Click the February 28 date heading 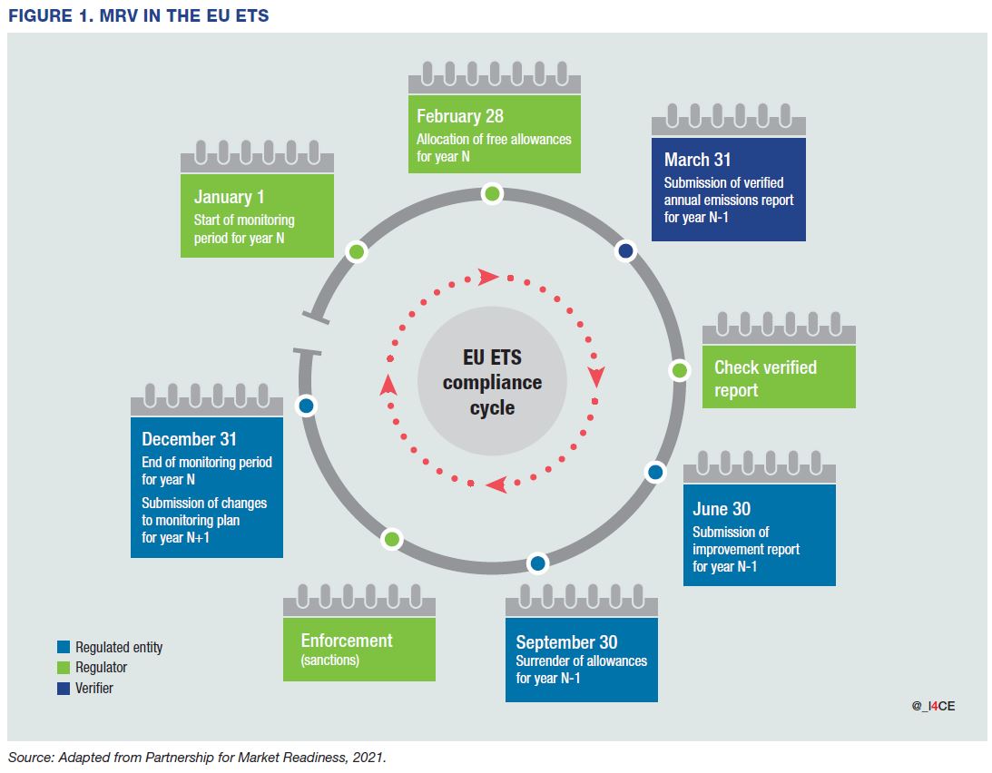pyautogui.click(x=460, y=116)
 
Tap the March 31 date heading pyautogui.click(x=697, y=160)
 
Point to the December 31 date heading pyautogui.click(x=189, y=439)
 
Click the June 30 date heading pyautogui.click(x=722, y=509)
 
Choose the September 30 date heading pyautogui.click(x=566, y=642)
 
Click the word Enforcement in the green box pyautogui.click(x=347, y=641)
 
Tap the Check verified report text pyautogui.click(x=765, y=378)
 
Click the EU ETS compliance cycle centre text pyautogui.click(x=492, y=382)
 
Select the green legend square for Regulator pyautogui.click(x=63, y=668)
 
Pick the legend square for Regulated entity pyautogui.click(x=63, y=647)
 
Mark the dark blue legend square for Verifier pyautogui.click(x=63, y=689)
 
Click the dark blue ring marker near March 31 pyautogui.click(x=625, y=251)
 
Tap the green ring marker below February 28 pyautogui.click(x=492, y=193)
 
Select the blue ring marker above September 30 pyautogui.click(x=537, y=563)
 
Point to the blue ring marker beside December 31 pyautogui.click(x=307, y=406)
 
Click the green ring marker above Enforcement pyautogui.click(x=392, y=539)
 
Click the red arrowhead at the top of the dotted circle pyautogui.click(x=489, y=277)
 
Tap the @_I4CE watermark pyautogui.click(x=933, y=705)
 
